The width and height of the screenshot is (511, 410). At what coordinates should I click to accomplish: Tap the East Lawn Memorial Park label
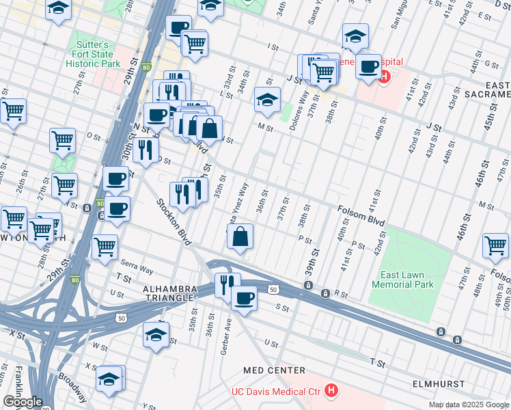pos(402,279)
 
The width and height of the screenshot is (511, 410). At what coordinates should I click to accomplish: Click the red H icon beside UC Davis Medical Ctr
pos(331,391)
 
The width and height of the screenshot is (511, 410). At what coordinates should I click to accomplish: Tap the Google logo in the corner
pos(22,402)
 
